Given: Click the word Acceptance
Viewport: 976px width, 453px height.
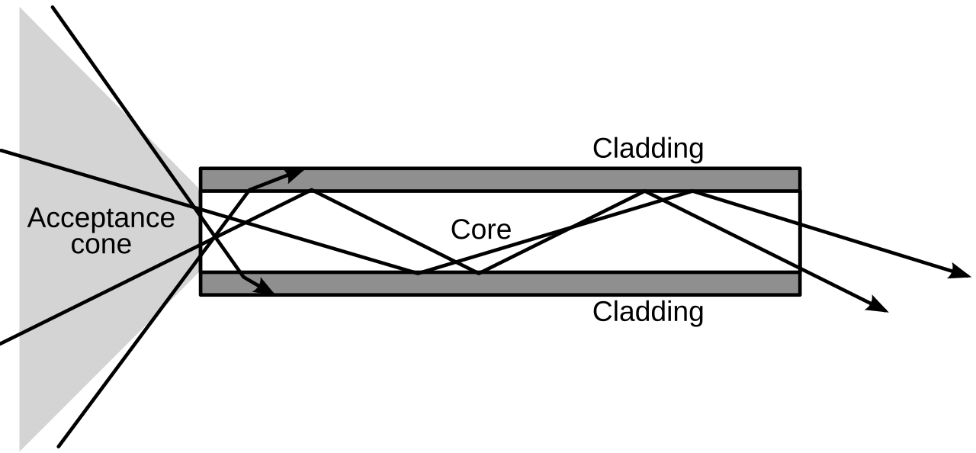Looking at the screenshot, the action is point(101,218).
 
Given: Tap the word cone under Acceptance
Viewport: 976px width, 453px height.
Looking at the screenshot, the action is point(101,245).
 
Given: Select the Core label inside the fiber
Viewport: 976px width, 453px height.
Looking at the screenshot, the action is point(481,230).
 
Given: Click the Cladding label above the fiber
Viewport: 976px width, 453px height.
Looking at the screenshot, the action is point(648,149).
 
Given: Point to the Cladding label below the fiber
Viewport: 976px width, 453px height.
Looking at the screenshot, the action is point(648,313).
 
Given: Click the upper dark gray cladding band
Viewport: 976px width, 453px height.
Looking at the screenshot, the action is point(500,179).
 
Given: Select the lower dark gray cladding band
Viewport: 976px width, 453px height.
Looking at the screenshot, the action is point(500,284).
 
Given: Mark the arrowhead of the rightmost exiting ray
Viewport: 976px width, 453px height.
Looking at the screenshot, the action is point(961,271).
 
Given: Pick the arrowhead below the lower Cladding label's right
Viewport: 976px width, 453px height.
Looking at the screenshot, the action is point(877,304).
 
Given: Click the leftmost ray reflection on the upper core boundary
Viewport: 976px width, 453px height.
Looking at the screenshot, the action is point(312,190).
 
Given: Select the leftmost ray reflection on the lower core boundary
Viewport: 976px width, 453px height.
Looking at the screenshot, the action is point(417,273).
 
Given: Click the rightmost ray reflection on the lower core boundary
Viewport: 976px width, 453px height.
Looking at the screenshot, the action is point(479,273).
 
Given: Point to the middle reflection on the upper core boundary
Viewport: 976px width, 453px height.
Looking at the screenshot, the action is point(645,191).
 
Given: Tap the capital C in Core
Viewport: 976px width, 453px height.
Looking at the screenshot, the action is point(460,230).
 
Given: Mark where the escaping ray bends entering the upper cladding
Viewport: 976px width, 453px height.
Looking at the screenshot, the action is point(249,189).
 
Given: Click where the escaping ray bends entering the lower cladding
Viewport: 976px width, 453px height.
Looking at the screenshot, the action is point(242,276).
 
